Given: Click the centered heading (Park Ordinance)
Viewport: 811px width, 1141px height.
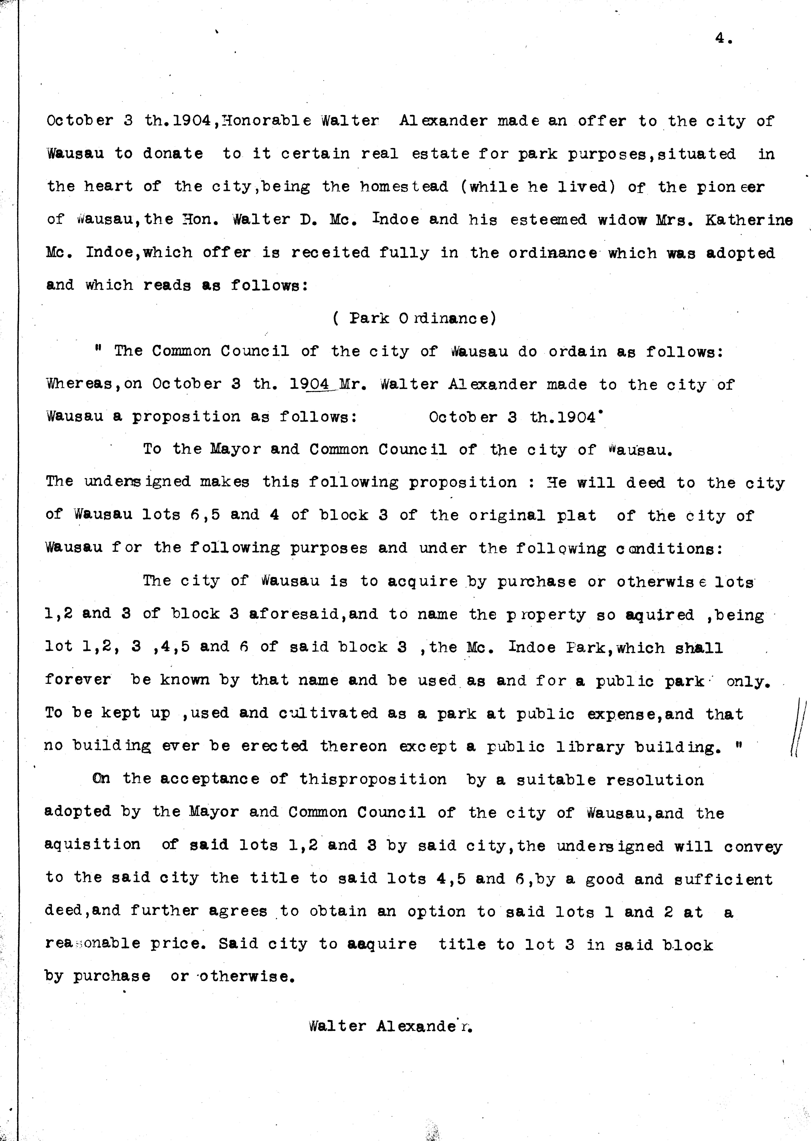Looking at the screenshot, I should point(414,318).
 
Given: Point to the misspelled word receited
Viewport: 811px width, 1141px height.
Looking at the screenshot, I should point(330,253).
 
